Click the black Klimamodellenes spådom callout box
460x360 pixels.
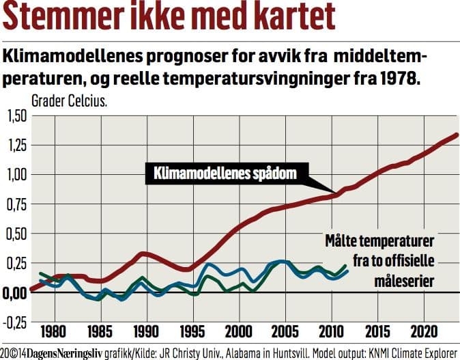tap(222, 174)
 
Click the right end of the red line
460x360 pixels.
tap(457, 135)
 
